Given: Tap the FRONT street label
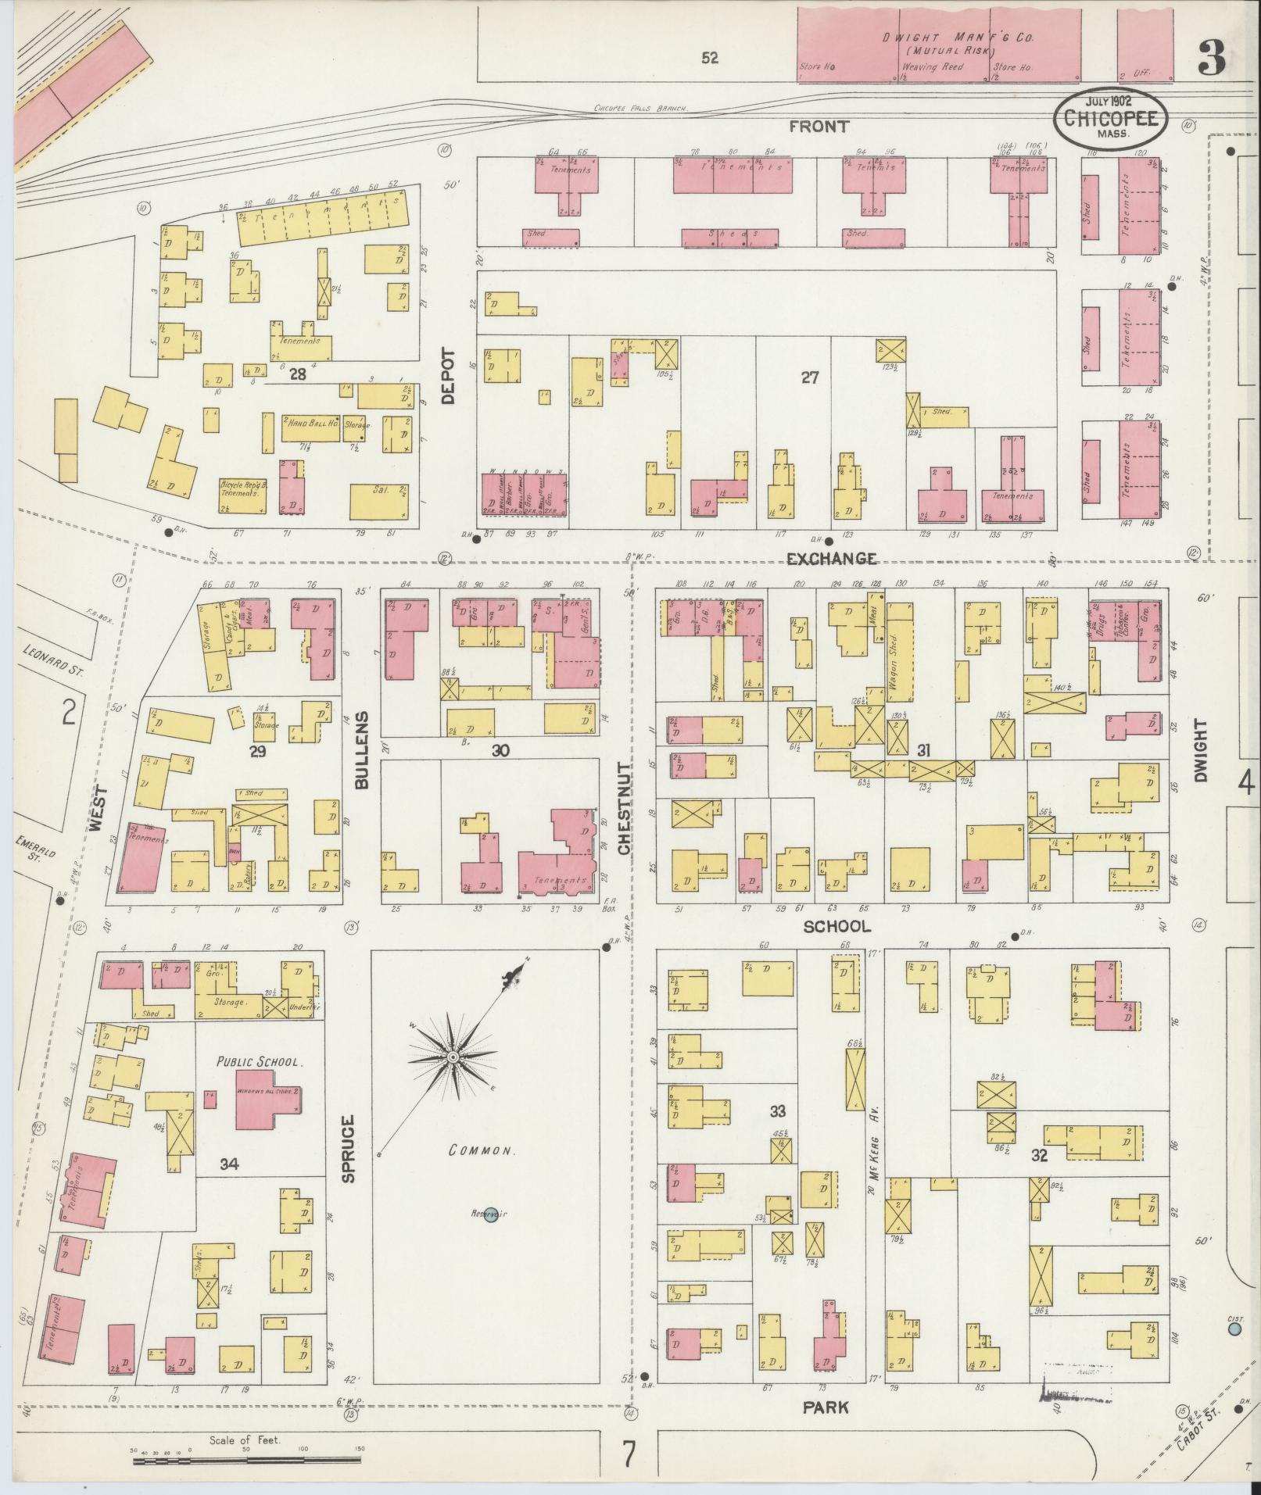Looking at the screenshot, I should [819, 127].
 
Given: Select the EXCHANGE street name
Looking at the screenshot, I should [831, 559].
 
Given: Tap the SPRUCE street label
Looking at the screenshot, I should [349, 1148].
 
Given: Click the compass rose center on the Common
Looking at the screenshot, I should [452, 1057].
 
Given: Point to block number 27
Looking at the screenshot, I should [810, 377].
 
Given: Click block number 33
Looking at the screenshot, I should [777, 1111].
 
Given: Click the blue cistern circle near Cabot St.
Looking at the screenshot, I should [1235, 1328].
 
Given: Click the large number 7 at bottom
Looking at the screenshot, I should [629, 1454].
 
